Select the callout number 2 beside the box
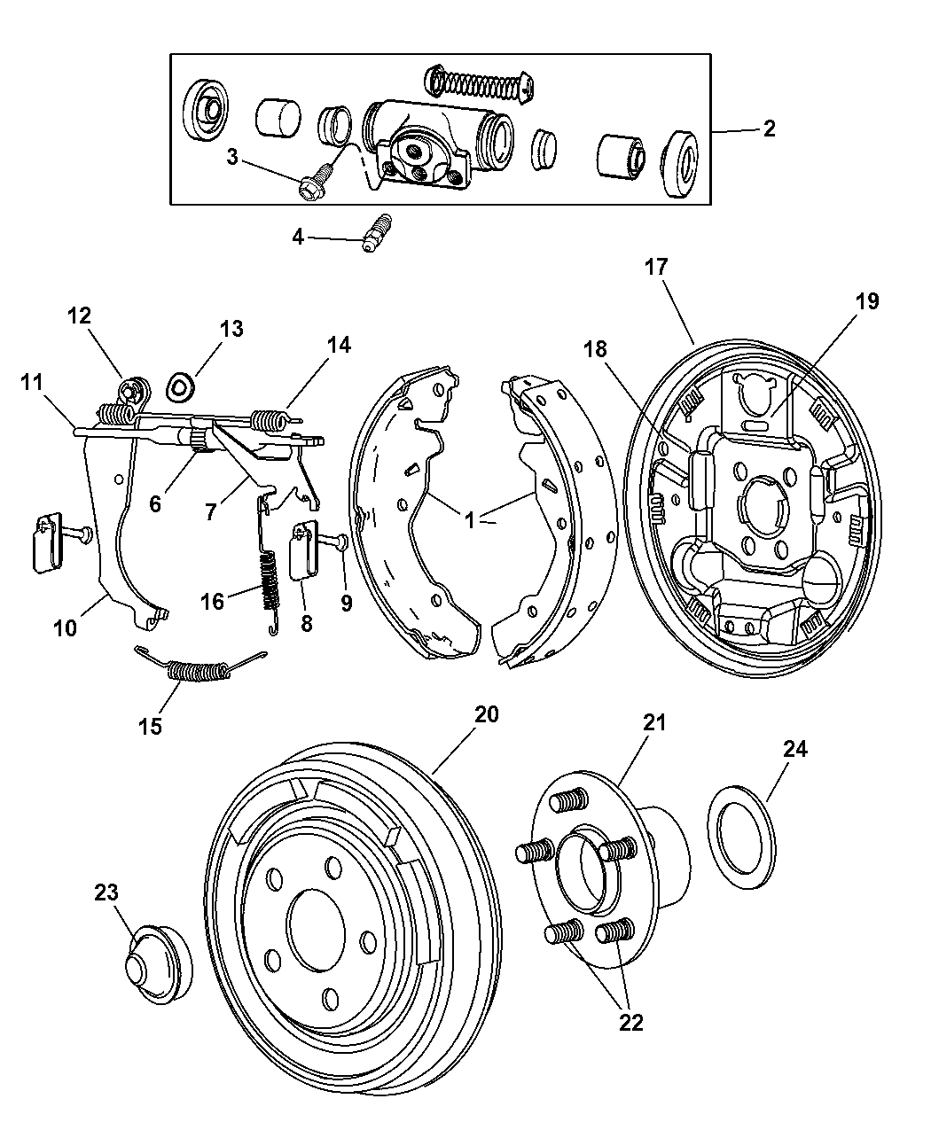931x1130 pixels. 769,129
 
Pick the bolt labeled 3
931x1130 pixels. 314,185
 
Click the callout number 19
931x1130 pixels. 867,301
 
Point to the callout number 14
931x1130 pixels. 338,346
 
